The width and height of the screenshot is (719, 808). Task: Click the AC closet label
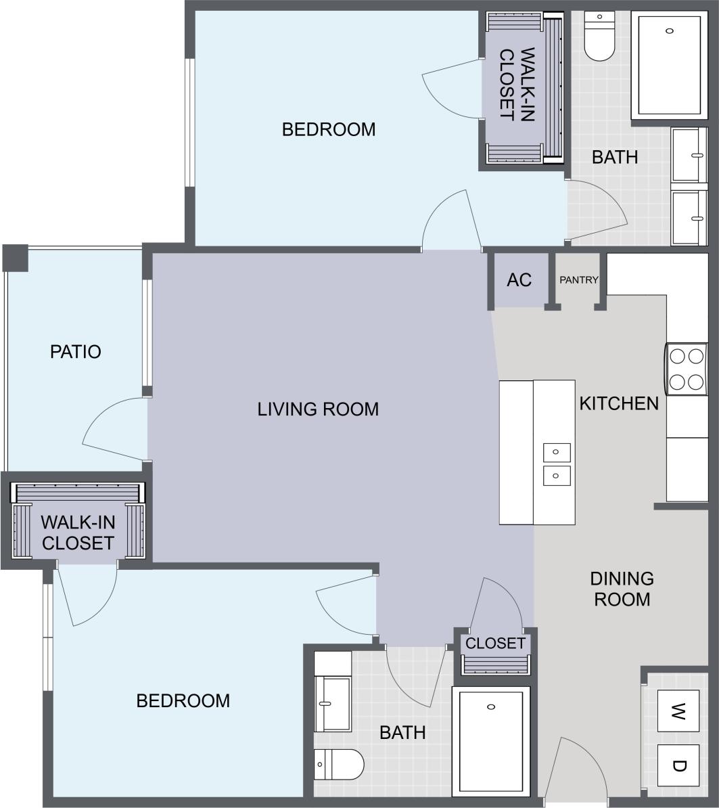pos(519,279)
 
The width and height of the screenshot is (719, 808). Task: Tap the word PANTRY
pos(579,279)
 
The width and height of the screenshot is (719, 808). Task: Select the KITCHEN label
pos(619,403)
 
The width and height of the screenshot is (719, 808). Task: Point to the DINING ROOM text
pos(622,589)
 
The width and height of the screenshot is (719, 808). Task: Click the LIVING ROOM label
pos(318,409)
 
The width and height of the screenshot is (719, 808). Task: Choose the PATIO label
pos(76,352)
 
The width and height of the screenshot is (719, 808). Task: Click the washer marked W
pos(679,711)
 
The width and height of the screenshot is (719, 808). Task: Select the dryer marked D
pos(679,765)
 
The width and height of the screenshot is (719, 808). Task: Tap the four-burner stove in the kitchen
pos(687,369)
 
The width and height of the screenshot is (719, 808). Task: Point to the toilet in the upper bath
pos(599,37)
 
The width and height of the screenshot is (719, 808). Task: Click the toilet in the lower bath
pos(339,764)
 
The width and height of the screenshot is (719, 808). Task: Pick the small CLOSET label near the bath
pos(495,643)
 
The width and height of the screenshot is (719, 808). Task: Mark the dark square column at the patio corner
pos(15,258)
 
